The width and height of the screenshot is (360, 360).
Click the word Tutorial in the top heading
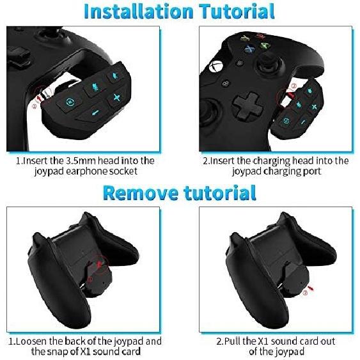pyautogui.click(x=232, y=12)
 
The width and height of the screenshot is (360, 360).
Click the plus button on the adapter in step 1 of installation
pyautogui.click(x=116, y=98)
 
